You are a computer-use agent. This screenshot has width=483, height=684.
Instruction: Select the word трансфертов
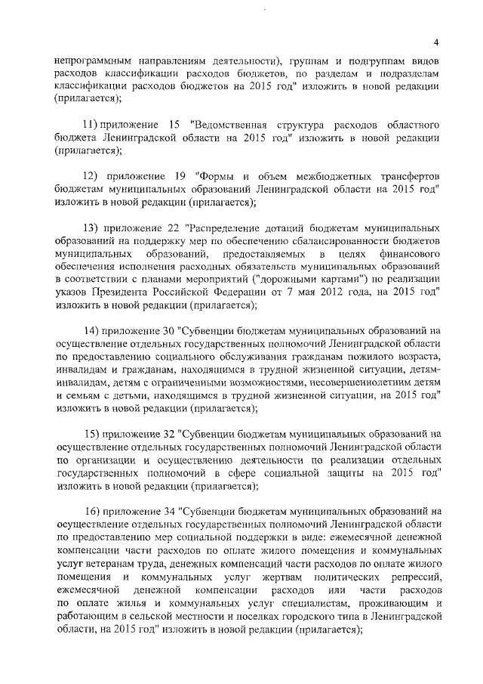point(403,175)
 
